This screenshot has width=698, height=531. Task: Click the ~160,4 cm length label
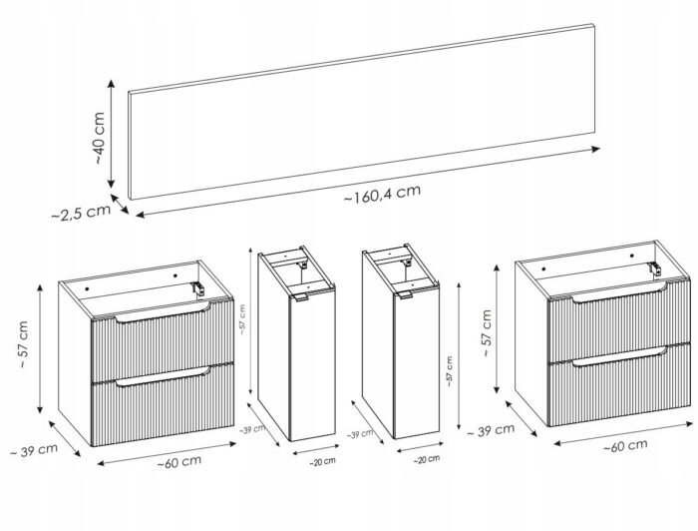point(382,194)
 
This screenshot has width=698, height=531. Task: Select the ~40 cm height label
point(100,138)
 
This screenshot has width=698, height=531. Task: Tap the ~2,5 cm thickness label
point(81,213)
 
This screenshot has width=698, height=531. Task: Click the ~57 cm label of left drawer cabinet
point(23,344)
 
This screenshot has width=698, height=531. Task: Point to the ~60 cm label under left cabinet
point(178,462)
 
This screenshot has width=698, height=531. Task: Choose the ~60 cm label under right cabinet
point(625,445)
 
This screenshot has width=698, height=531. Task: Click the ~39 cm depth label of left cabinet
point(34,450)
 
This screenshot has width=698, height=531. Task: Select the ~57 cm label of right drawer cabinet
point(487,332)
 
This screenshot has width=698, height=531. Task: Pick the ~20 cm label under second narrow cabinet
point(427,459)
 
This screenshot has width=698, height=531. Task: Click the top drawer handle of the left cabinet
point(162,312)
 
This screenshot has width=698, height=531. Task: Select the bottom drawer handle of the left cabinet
point(162,376)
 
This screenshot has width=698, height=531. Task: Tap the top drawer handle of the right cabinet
point(619,292)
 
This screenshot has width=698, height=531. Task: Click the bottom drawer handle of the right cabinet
point(619,356)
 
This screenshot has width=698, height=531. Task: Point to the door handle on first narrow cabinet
point(302,298)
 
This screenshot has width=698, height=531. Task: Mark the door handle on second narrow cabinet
point(406,294)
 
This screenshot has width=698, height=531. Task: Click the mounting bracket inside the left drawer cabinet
point(198,288)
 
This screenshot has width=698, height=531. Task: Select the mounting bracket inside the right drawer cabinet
point(654,269)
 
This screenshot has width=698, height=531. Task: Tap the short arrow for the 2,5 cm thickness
point(120,204)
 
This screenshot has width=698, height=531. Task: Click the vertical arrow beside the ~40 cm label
point(112,134)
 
